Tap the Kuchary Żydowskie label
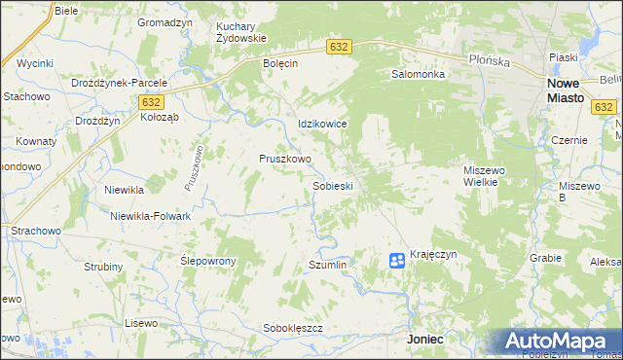[x=240, y=31]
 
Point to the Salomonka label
[x=418, y=74]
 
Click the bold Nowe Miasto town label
[x=559, y=90]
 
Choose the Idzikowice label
[x=322, y=125]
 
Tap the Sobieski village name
[x=332, y=185]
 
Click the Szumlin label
[x=328, y=265]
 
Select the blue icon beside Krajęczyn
[x=397, y=260]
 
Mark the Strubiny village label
[x=103, y=267]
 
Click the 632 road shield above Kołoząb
[x=150, y=101]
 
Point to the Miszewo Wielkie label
[x=483, y=175]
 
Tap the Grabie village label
[x=546, y=258]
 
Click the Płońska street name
[x=490, y=60]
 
